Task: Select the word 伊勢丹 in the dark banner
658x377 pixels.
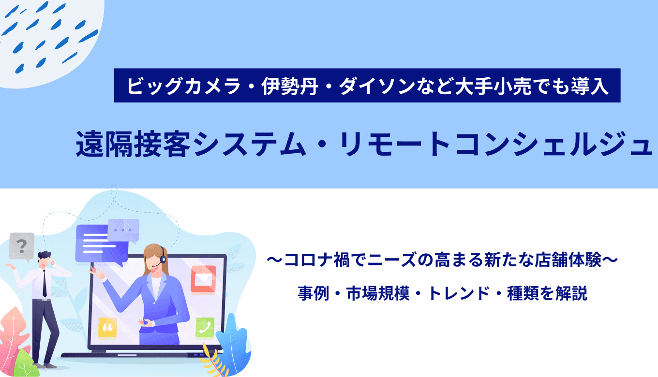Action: [x=290, y=86]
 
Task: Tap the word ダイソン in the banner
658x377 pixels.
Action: [x=377, y=86]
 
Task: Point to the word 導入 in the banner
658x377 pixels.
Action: [x=590, y=86]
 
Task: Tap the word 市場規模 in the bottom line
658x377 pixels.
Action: [x=378, y=293]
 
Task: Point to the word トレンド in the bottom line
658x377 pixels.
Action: [x=459, y=293]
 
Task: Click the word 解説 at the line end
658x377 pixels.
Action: [x=571, y=293]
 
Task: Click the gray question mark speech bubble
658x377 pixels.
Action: [x=22, y=246]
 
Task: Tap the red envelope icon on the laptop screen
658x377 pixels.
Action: [x=203, y=279]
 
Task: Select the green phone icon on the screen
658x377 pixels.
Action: [x=205, y=327]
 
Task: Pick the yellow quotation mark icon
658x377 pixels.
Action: [x=107, y=327]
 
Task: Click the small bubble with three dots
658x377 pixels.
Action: [x=123, y=231]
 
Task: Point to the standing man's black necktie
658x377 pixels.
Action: [x=45, y=283]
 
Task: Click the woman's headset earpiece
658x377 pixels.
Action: [x=163, y=259]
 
